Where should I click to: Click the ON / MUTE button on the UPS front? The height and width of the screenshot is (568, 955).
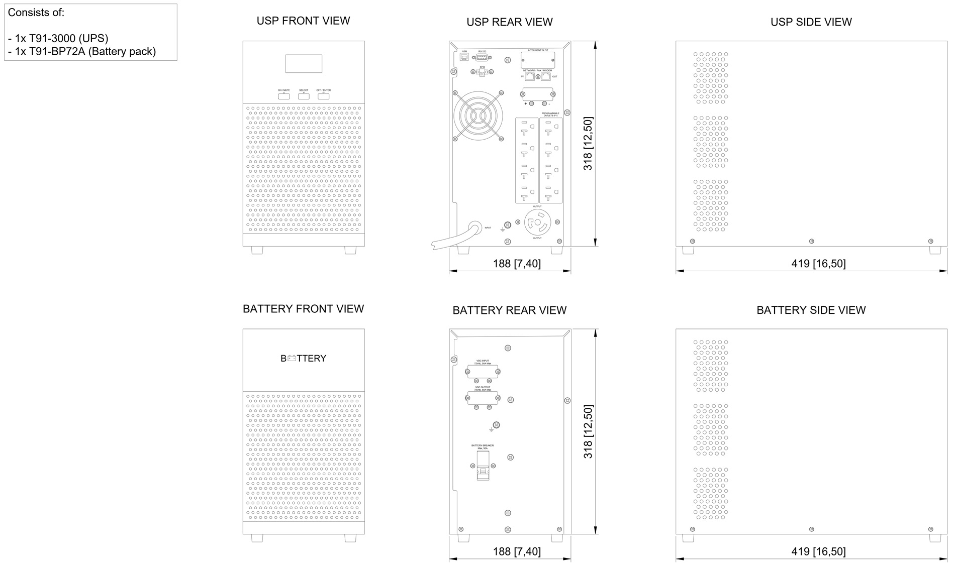click(284, 96)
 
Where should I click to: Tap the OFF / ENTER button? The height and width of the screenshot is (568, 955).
click(323, 96)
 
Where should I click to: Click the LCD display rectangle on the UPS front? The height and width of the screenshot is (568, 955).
click(304, 64)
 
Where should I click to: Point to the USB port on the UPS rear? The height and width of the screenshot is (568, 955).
click(464, 57)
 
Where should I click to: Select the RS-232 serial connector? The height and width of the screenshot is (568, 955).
click(483, 58)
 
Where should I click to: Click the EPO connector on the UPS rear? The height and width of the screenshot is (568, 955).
click(483, 73)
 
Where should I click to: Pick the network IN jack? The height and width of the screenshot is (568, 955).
click(529, 76)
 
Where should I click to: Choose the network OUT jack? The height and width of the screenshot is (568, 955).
click(545, 76)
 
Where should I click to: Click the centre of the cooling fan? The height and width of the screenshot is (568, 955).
click(478, 116)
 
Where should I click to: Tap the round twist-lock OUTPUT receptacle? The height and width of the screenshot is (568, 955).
click(537, 222)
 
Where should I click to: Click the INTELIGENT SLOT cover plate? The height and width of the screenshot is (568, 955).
click(537, 60)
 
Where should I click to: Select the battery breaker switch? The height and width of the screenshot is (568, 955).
click(483, 466)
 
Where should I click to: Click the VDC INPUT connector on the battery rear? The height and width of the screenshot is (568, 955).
click(483, 372)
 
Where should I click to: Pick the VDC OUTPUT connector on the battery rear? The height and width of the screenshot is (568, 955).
click(483, 398)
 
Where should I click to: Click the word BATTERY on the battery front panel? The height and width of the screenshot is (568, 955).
click(304, 358)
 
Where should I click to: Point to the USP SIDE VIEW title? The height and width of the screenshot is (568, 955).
click(811, 22)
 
